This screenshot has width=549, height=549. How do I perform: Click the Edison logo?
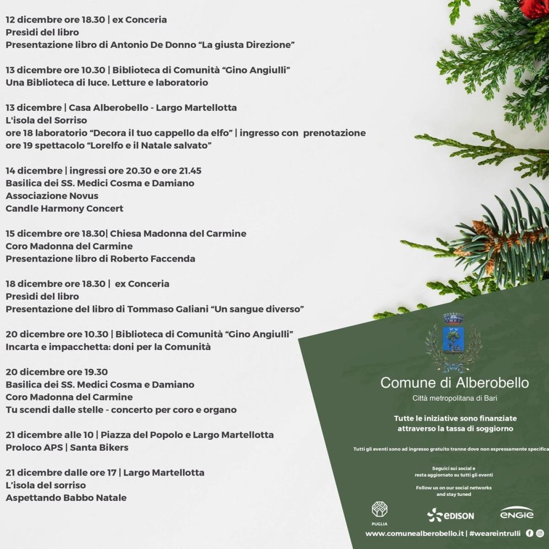tap(451, 516)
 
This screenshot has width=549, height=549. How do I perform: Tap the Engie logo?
tap(517, 513)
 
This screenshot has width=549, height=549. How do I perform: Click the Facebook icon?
tap(530, 533)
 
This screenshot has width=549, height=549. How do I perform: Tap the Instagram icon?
tap(540, 533)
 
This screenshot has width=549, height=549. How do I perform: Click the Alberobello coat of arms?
tap(453, 341)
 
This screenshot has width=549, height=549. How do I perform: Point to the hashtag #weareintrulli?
tap(495, 533)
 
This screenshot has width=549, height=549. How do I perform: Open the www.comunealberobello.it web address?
tap(414, 533)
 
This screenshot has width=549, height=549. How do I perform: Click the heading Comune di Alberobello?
tap(454, 382)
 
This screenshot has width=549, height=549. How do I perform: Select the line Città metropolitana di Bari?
tap(454, 398)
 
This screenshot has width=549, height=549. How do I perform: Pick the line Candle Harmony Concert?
tap(65, 209)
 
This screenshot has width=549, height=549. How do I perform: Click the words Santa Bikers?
tap(99, 447)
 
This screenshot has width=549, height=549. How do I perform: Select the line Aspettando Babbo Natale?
tap(66, 498)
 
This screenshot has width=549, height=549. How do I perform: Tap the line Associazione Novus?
tap(52, 196)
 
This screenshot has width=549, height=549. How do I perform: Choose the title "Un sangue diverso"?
tap(257, 309)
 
